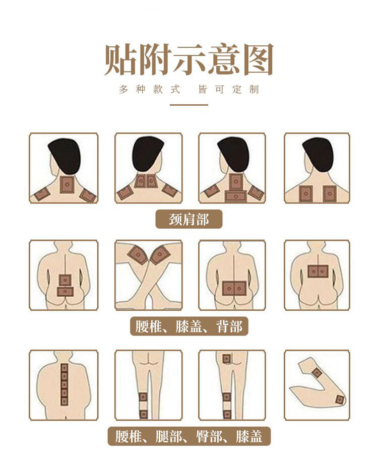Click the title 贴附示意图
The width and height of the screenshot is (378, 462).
click(x=188, y=60)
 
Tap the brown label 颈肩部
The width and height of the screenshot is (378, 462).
click(x=188, y=219)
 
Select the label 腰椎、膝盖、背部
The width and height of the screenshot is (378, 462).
click(x=189, y=326)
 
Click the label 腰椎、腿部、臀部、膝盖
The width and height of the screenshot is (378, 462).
click(x=188, y=436)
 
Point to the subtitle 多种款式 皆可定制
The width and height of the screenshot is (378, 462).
click(x=188, y=89)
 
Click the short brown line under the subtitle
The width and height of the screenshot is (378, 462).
click(x=188, y=105)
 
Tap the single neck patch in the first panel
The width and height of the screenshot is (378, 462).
click(x=67, y=184)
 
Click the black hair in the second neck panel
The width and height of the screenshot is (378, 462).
click(x=148, y=153)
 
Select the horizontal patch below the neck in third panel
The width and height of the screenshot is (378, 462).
click(x=235, y=196)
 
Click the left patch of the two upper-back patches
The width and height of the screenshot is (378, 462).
click(x=306, y=193)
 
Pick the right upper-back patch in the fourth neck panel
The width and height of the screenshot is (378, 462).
click(x=330, y=193)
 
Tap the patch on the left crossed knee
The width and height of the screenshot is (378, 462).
click(x=138, y=254)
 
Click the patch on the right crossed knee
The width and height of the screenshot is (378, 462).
click(x=159, y=254)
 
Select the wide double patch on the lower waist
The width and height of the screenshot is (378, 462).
click(x=234, y=288)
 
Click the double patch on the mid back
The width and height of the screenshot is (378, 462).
click(x=318, y=271)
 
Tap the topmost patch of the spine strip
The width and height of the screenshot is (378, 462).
click(x=65, y=368)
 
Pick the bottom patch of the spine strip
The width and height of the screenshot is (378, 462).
click(x=65, y=401)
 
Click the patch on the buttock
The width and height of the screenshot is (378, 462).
click(x=226, y=359)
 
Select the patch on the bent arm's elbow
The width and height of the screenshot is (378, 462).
click(x=339, y=400)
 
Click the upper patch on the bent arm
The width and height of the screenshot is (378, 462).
click(x=317, y=373)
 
